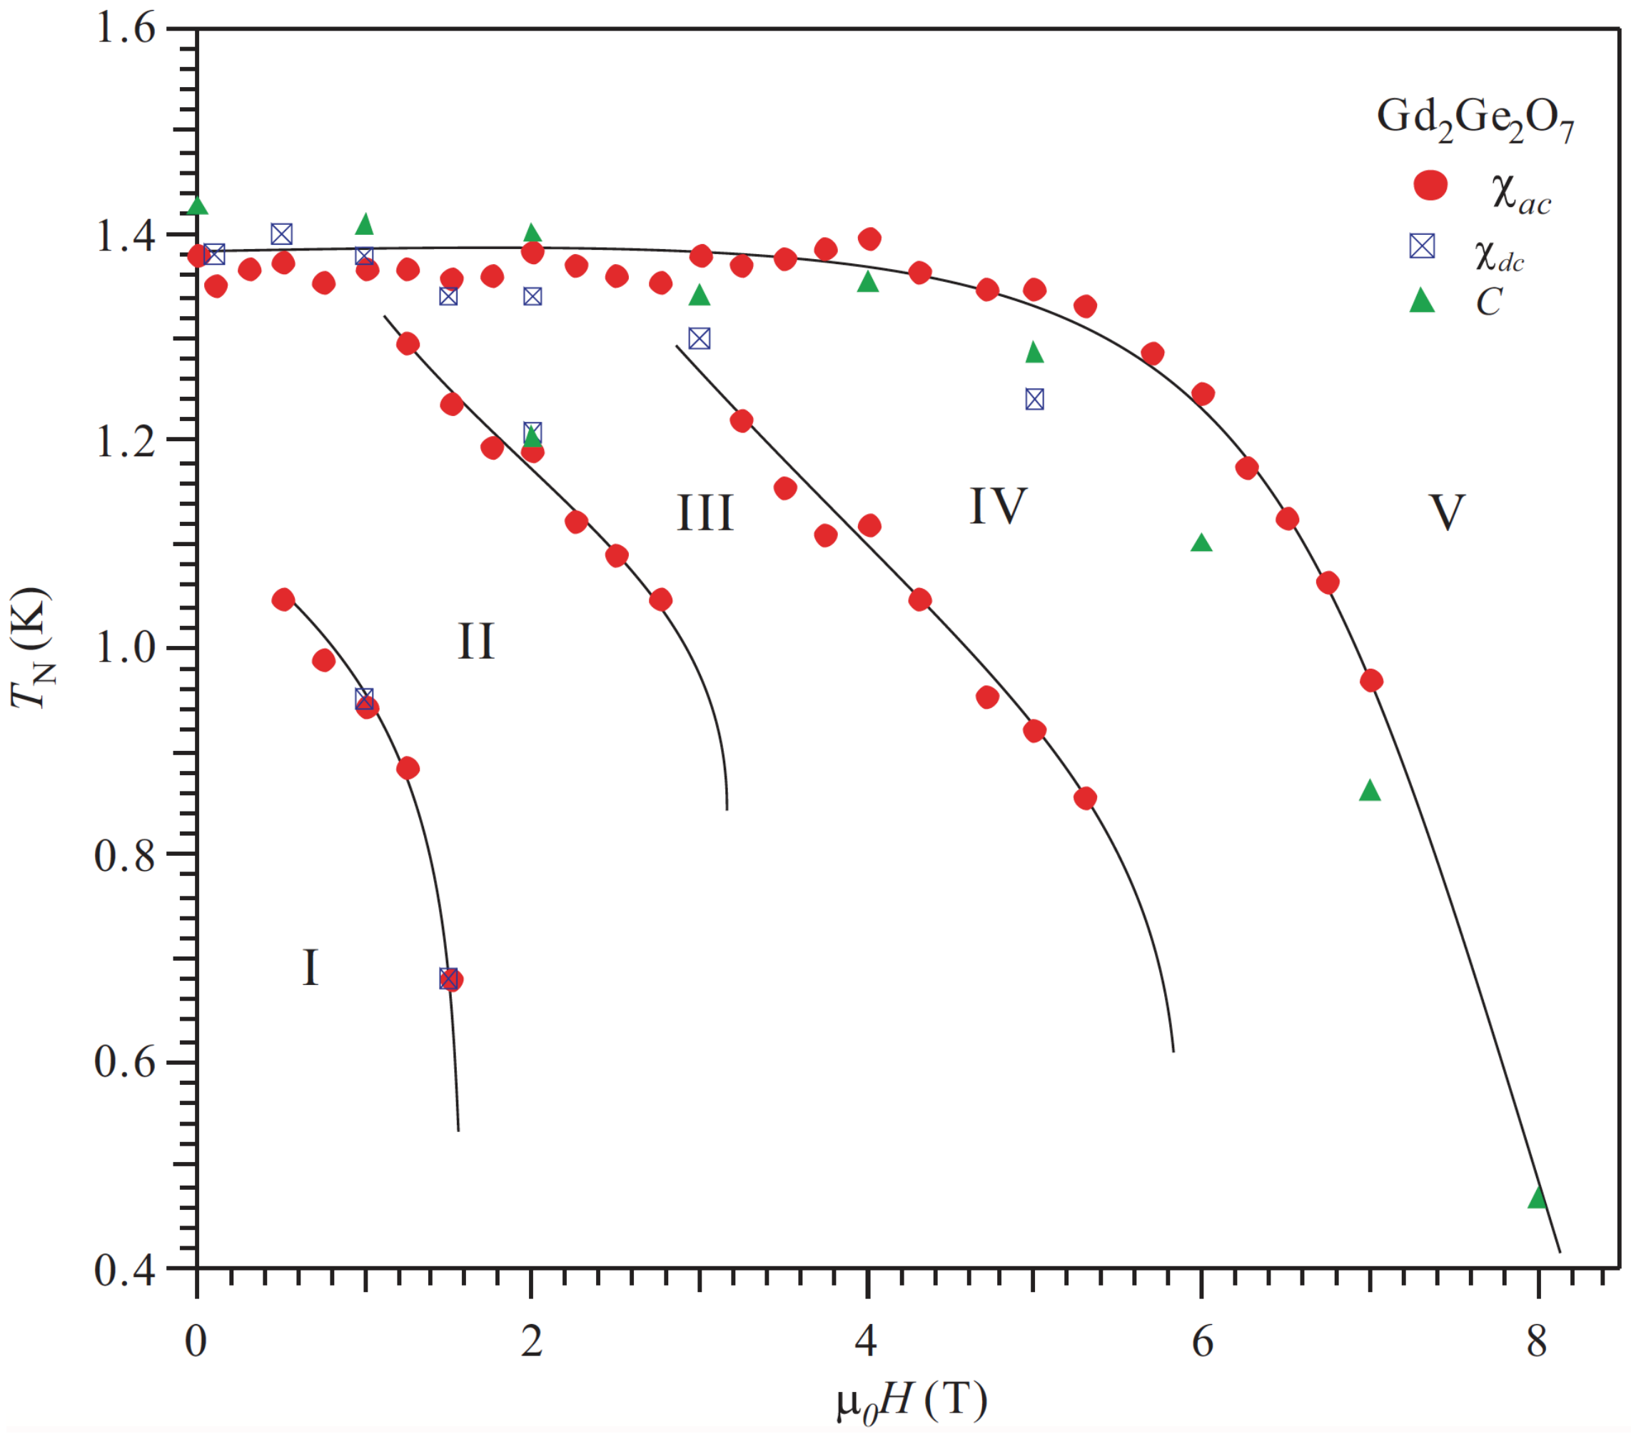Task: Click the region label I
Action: coord(311,969)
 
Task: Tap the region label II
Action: coord(475,642)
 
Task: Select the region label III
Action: coord(705,513)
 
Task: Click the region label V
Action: coord(1446,513)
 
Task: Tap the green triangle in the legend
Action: coord(1422,302)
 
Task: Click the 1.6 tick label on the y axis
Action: coord(126,29)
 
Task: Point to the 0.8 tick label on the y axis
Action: coord(126,856)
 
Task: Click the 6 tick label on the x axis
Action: coord(1203,1343)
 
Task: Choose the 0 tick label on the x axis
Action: coord(196,1343)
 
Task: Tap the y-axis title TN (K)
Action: coord(32,648)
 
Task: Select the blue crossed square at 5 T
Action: coord(1034,400)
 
